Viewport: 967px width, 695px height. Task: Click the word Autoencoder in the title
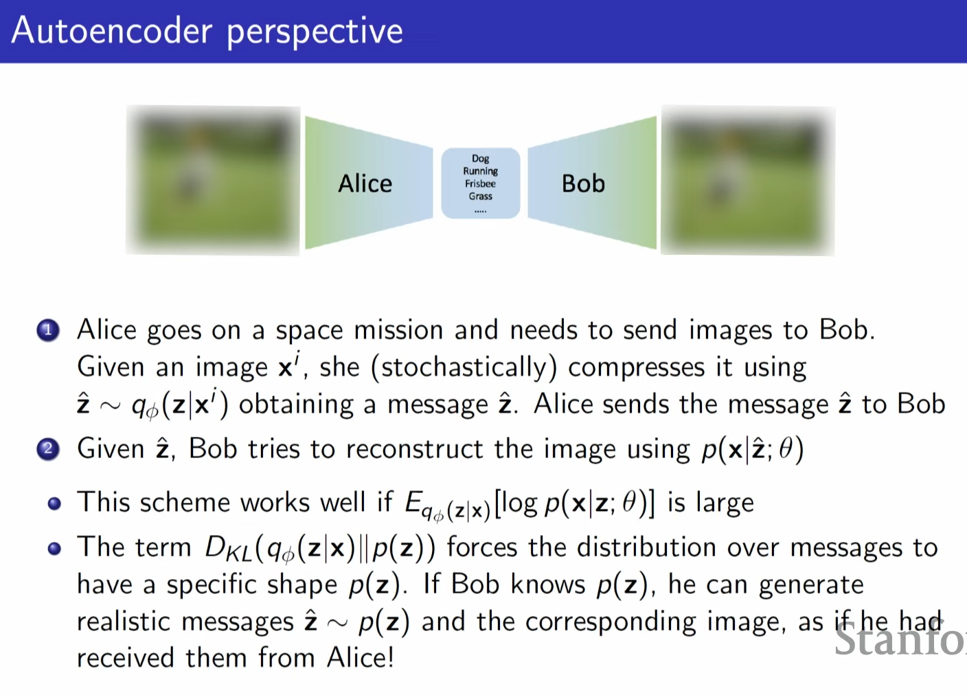112,31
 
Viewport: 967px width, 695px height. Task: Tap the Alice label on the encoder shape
365,183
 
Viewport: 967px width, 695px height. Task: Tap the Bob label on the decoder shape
583,183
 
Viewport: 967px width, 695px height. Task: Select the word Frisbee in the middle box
480,183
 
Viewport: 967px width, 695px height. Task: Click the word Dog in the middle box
480,159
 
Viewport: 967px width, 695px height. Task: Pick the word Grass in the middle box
480,196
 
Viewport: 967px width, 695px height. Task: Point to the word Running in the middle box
480,171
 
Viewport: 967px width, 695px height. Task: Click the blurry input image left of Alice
213,181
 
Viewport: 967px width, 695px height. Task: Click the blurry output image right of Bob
747,181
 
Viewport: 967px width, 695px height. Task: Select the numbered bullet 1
48,331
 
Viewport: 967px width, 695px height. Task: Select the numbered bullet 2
48,450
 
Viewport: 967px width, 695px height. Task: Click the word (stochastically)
464,367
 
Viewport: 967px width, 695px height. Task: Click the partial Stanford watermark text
900,640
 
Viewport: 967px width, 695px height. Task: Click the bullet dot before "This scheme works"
54,504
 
